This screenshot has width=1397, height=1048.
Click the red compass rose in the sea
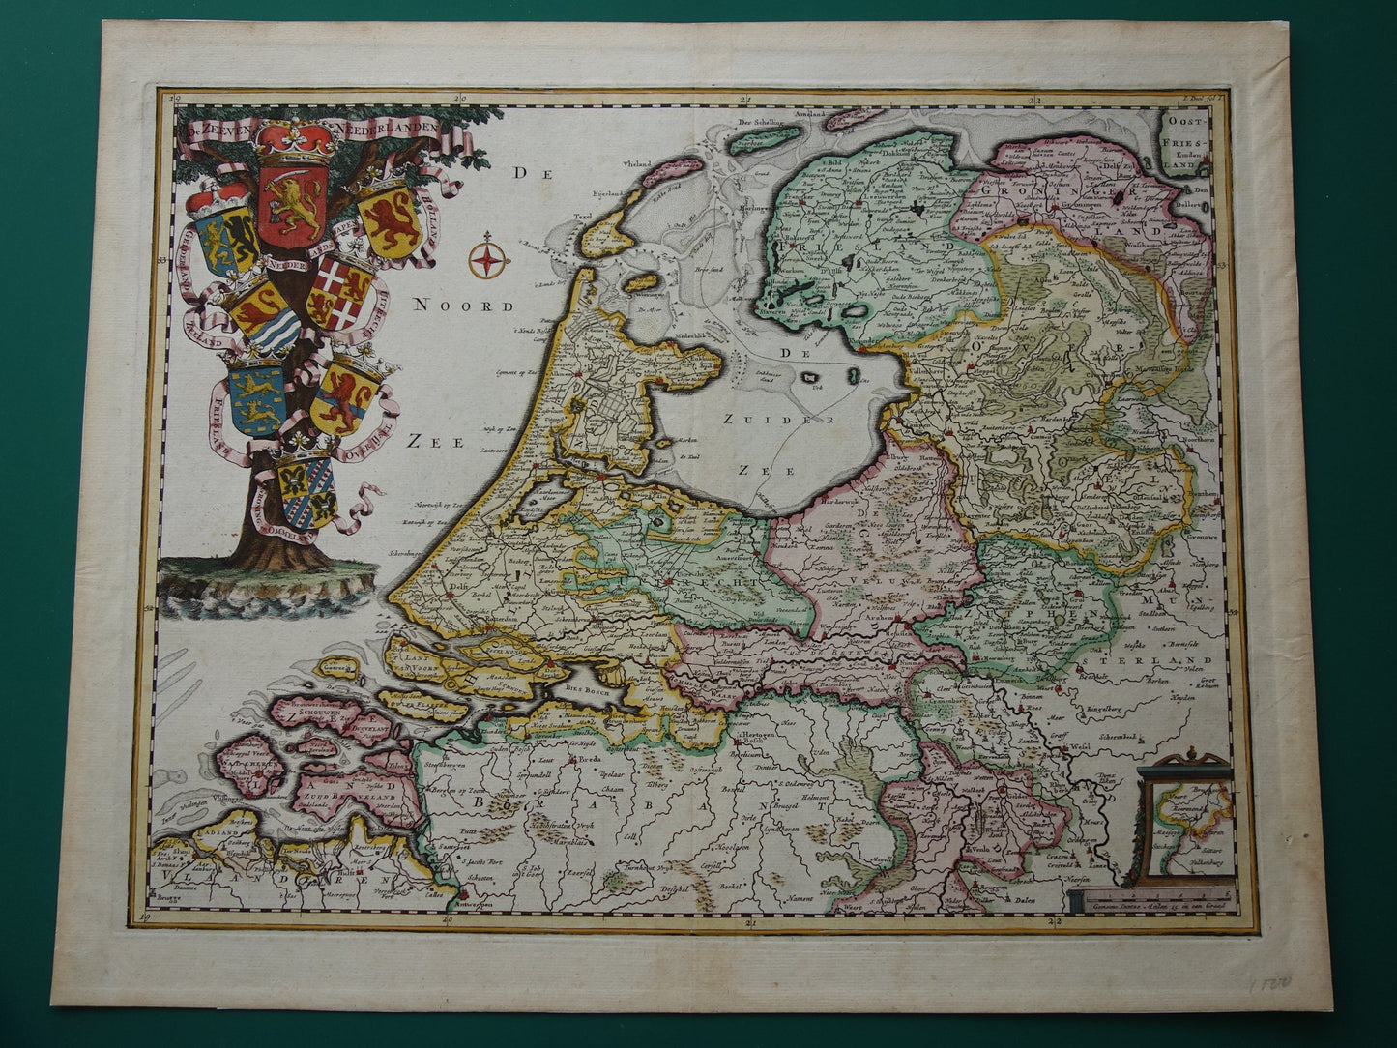[490, 258]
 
